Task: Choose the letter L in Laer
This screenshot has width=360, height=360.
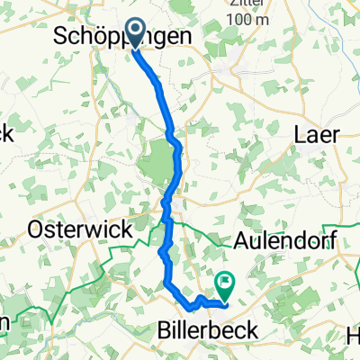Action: (301, 134)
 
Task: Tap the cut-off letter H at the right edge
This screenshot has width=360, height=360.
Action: (354, 336)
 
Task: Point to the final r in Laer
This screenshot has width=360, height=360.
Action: (335, 134)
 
